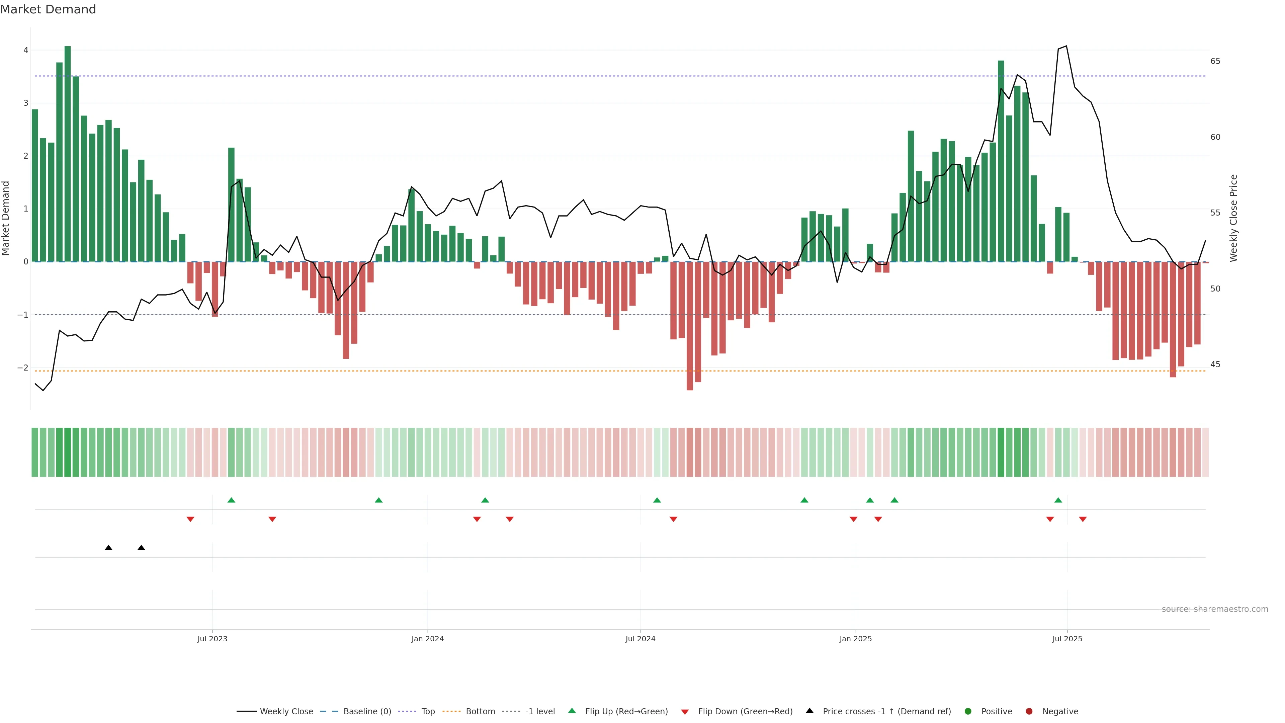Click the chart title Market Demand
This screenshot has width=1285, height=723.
pos(48,9)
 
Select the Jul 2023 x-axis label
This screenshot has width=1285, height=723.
pos(212,639)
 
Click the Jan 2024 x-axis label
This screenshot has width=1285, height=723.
pos(428,639)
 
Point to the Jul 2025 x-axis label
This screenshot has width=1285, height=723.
pos(1067,639)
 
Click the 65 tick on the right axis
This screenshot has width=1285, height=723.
pos(1215,61)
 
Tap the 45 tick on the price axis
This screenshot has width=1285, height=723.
pos(1215,365)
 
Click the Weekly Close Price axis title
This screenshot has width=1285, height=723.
pos(1233,218)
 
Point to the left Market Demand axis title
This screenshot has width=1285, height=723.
pos(6,218)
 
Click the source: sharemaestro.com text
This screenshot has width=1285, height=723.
pos(1215,609)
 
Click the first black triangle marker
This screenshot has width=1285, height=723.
pos(108,548)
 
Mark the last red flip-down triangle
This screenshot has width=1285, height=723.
pos(1083,519)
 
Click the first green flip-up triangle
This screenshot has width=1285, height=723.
pos(231,500)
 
